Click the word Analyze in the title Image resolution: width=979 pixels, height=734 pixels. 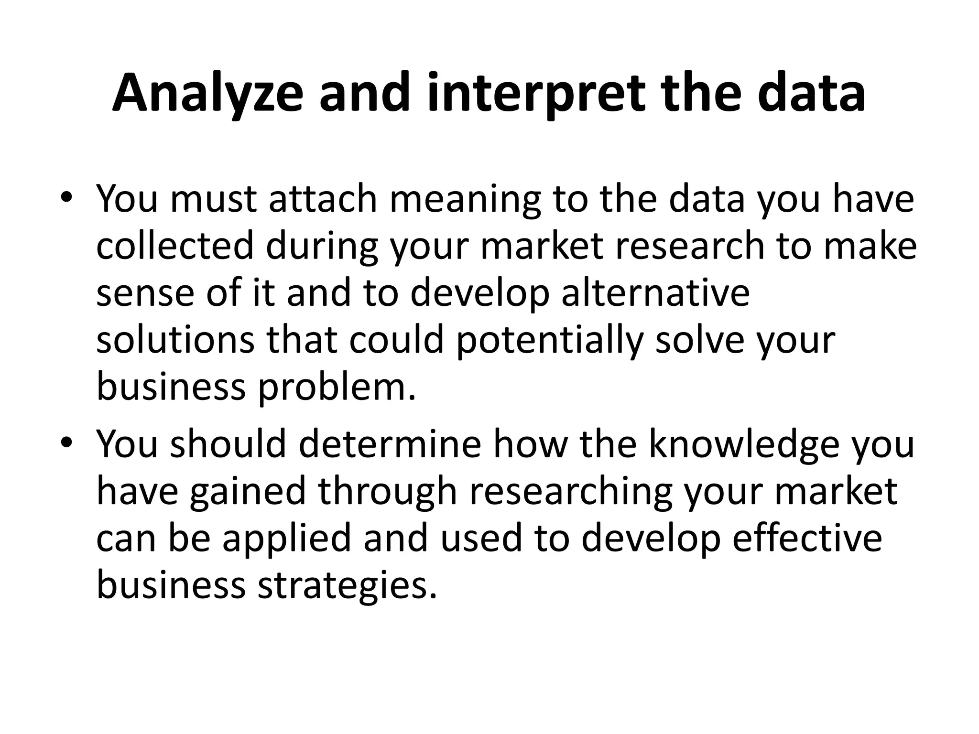click(207, 94)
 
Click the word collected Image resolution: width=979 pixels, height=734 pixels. click(175, 246)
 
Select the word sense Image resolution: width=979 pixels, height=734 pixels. click(145, 293)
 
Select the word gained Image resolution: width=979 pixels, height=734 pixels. click(247, 492)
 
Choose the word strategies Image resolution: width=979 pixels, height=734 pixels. click(348, 586)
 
